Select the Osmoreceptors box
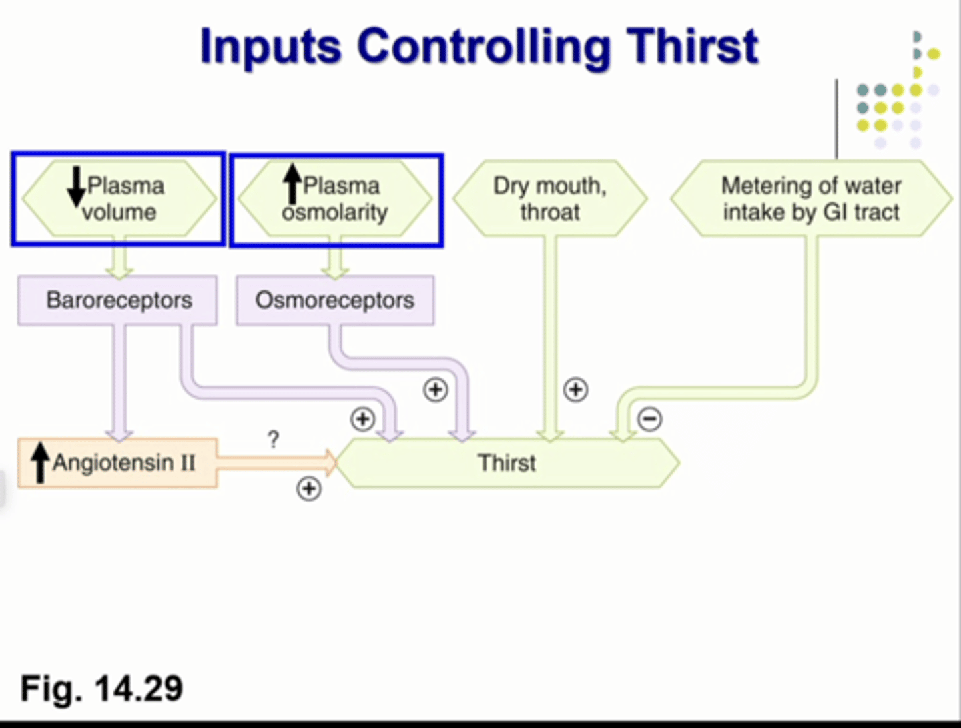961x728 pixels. [335, 300]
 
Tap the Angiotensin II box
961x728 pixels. [117, 462]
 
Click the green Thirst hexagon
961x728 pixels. [507, 463]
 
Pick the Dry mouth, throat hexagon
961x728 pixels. [550, 198]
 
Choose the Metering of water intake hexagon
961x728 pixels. [811, 198]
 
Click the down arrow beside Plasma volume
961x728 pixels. [76, 188]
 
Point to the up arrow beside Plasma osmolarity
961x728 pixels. [292, 184]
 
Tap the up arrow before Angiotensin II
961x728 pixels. [41, 462]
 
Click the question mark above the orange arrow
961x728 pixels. [273, 440]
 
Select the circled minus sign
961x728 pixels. [650, 419]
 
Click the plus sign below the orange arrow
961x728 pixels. [308, 488]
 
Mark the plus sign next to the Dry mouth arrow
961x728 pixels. [575, 389]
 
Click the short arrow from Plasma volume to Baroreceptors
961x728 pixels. [120, 258]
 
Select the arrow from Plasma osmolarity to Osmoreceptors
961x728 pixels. [335, 258]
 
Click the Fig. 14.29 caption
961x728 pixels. [101, 688]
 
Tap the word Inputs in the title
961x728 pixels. [270, 47]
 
